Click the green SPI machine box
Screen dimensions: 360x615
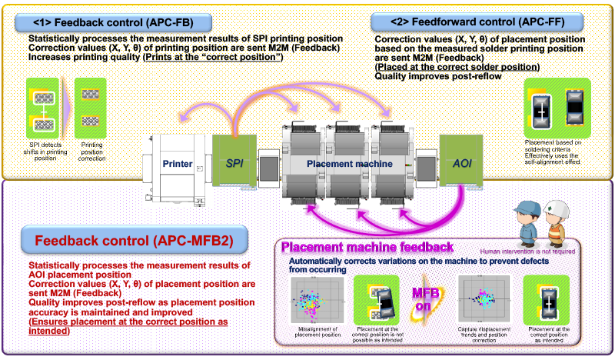[234, 163]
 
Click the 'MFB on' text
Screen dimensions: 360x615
[425, 302]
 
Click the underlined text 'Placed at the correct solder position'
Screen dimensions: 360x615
[441, 67]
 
